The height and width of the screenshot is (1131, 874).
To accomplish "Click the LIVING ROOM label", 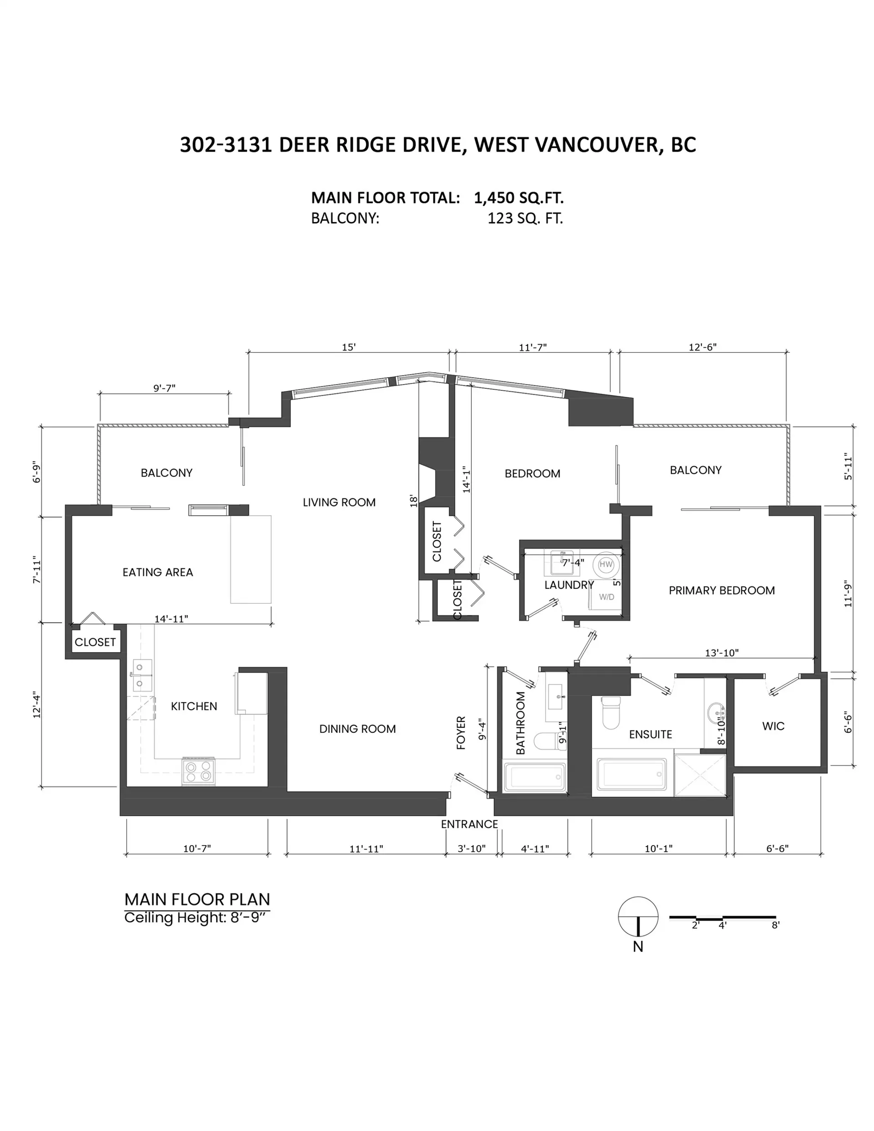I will pyautogui.click(x=339, y=502).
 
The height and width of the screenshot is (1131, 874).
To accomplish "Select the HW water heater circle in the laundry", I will pyautogui.click(x=605, y=564).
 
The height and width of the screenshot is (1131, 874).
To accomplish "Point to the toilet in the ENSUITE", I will pyautogui.click(x=611, y=712).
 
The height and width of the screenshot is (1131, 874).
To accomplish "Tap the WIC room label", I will pyautogui.click(x=772, y=726).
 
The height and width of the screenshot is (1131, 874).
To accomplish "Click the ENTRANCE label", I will pyautogui.click(x=469, y=824).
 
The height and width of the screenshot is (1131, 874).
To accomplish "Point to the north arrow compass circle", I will pyautogui.click(x=638, y=916).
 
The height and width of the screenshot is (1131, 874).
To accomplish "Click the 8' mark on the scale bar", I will pyautogui.click(x=775, y=925).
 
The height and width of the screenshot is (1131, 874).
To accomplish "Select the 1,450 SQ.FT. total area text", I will pyautogui.click(x=518, y=198).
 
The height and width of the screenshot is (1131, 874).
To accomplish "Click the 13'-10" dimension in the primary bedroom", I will pyautogui.click(x=721, y=653).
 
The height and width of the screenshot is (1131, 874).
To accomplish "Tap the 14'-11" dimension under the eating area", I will pyautogui.click(x=171, y=619).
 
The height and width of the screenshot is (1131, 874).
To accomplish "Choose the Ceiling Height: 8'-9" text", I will pyautogui.click(x=197, y=918).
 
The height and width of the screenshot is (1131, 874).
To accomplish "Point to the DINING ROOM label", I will pyautogui.click(x=357, y=729).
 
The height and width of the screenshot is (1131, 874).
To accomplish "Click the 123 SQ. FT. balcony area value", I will pyautogui.click(x=524, y=218).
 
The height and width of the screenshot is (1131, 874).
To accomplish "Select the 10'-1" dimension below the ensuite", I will pyautogui.click(x=658, y=848).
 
